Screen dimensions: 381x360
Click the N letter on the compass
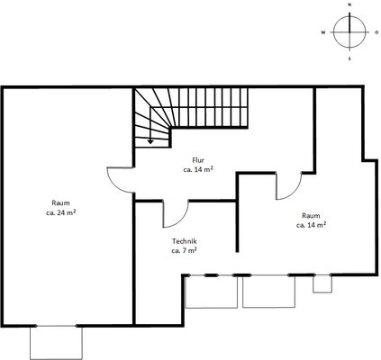click(349, 4)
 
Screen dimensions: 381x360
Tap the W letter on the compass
click(323, 32)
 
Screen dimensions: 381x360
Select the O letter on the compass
click(376, 32)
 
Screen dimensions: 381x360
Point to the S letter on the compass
click(349, 58)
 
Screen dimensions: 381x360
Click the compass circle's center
click(349, 31)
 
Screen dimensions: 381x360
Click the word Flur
click(198, 160)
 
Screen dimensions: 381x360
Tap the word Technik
click(185, 241)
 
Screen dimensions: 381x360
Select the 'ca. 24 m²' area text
click(60, 212)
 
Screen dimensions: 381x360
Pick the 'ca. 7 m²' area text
click(184, 250)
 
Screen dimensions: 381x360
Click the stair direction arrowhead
click(150, 142)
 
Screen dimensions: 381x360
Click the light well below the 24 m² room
click(56, 343)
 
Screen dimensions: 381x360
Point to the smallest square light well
click(322, 283)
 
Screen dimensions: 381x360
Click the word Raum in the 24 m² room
click(60, 202)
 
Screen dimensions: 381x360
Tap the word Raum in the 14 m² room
click(311, 215)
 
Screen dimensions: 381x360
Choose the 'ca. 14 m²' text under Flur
click(198, 169)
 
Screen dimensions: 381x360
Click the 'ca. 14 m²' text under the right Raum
click(312, 225)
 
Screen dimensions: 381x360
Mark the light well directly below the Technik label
click(212, 292)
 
